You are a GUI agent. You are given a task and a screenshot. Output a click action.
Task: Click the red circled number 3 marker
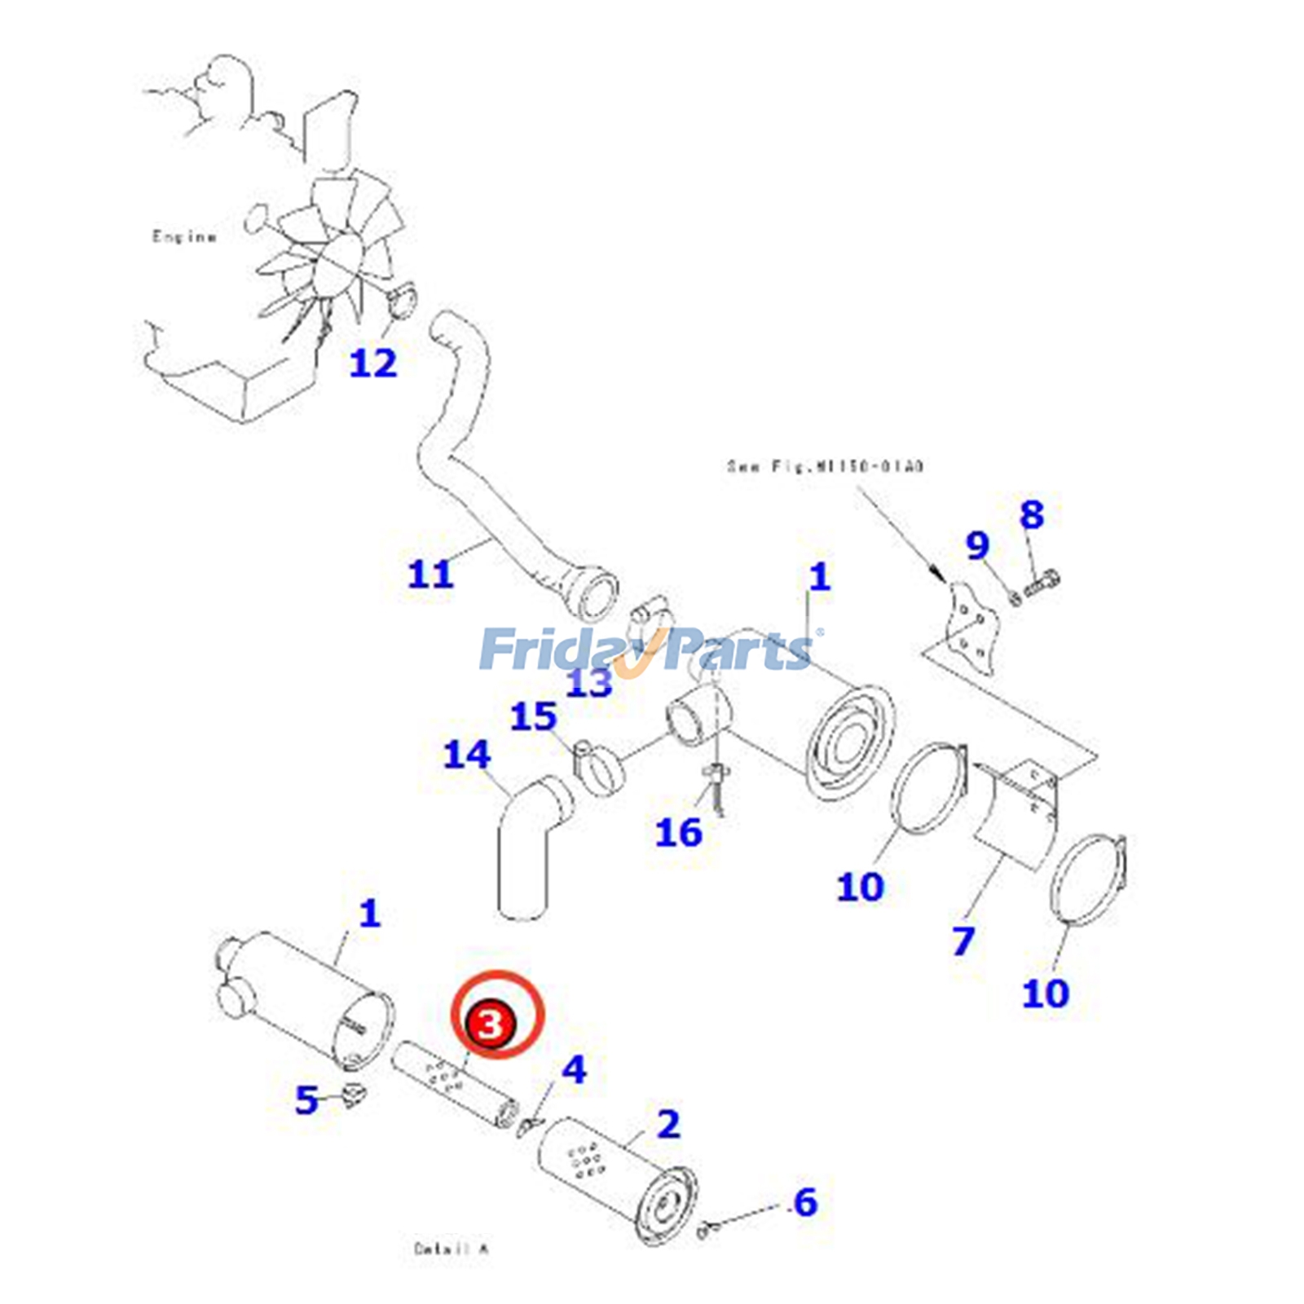pos(490,1023)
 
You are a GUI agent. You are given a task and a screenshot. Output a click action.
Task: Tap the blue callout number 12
pos(372,363)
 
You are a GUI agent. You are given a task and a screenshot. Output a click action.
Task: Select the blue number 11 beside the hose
pos(430,574)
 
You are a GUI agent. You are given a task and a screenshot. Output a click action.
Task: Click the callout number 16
pos(678,832)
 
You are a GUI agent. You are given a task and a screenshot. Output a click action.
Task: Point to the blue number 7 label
pos(963,941)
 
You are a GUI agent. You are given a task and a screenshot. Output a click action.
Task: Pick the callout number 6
pos(805,1201)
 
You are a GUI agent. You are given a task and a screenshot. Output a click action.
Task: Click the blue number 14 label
pos(467,755)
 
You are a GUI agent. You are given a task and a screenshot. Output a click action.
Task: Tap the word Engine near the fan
pos(184,237)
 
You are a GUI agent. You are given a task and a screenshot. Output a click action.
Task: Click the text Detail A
pos(451,1249)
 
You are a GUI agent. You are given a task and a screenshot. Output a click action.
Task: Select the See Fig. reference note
pos(825,467)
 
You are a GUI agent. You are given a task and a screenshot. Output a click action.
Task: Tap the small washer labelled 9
pos(1015,599)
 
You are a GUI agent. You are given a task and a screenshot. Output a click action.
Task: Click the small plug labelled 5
pos(354,1096)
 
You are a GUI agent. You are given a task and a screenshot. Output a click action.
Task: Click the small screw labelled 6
pos(706,1230)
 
